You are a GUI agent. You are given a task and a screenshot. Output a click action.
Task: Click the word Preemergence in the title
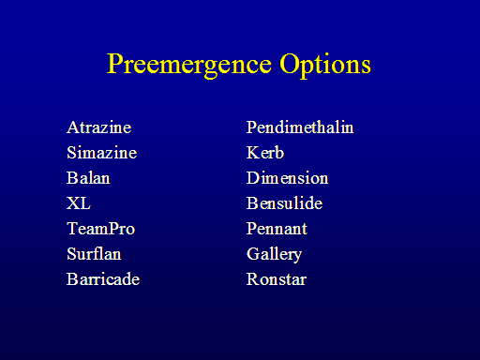[189, 65]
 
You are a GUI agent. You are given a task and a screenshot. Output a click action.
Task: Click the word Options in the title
[325, 65]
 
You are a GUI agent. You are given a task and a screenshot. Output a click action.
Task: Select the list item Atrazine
[99, 127]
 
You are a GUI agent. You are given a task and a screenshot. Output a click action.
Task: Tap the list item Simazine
[102, 153]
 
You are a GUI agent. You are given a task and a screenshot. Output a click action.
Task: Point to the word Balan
[88, 178]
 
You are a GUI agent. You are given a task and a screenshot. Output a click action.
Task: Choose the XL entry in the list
[79, 203]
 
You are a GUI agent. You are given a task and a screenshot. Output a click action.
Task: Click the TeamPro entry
[101, 229]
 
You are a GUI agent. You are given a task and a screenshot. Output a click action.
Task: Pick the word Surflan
[94, 254]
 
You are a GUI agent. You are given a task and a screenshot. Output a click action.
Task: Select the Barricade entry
[103, 279]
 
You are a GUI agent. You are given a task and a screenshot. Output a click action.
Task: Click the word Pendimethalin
[300, 127]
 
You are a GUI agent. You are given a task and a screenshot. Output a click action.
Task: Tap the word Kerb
[265, 153]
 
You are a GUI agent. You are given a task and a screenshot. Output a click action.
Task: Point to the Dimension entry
[288, 178]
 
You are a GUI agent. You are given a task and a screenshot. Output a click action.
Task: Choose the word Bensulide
[284, 203]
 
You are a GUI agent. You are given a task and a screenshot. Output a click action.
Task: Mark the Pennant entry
[277, 229]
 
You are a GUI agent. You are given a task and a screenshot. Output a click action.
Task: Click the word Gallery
[275, 254]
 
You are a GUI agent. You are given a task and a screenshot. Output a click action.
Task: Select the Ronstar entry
[277, 279]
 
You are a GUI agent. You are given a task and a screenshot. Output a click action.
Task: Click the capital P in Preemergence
[115, 64]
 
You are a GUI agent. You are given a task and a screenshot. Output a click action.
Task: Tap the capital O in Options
[290, 64]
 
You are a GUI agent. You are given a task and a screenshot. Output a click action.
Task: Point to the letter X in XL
[73, 203]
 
